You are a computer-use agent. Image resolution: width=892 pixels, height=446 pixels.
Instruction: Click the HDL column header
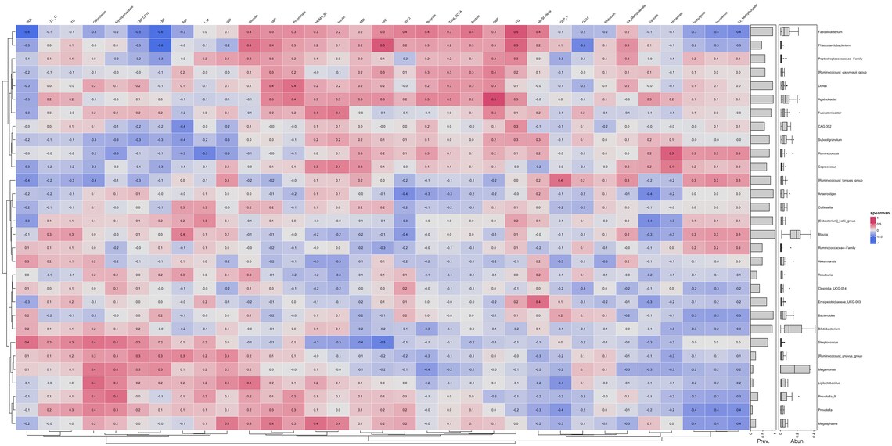pyautogui.click(x=28, y=16)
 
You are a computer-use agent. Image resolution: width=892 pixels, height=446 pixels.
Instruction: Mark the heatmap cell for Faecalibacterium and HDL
pyautogui.click(x=27, y=32)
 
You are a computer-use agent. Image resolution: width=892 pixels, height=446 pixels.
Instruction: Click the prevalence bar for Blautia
pyautogui.click(x=763, y=233)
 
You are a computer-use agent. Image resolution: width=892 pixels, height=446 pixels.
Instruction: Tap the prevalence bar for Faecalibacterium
pyautogui.click(x=761, y=32)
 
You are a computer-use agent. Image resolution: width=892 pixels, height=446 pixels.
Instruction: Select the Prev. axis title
pyautogui.click(x=762, y=441)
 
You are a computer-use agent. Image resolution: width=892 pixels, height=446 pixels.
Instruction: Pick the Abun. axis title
pyautogui.click(x=797, y=441)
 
